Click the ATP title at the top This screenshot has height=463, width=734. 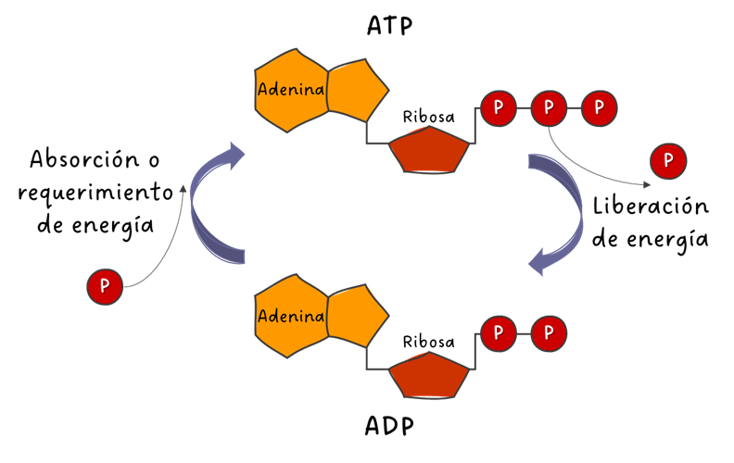[x=388, y=26]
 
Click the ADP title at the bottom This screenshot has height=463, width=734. [x=388, y=427]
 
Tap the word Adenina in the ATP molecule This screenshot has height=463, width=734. [x=291, y=91]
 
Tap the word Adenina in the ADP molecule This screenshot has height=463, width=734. [x=291, y=317]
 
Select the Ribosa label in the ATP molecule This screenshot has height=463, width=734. [x=428, y=117]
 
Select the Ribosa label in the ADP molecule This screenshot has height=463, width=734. [x=428, y=342]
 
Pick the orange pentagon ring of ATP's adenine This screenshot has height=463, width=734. [x=357, y=91]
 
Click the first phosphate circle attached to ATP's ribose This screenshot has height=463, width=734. [x=499, y=107]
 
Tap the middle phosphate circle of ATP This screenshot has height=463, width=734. [x=549, y=107]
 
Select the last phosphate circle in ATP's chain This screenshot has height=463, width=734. [x=599, y=107]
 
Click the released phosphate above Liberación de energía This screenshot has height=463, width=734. [x=668, y=161]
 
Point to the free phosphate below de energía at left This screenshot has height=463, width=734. [x=105, y=287]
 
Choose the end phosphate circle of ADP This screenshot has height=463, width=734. [x=549, y=332]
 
